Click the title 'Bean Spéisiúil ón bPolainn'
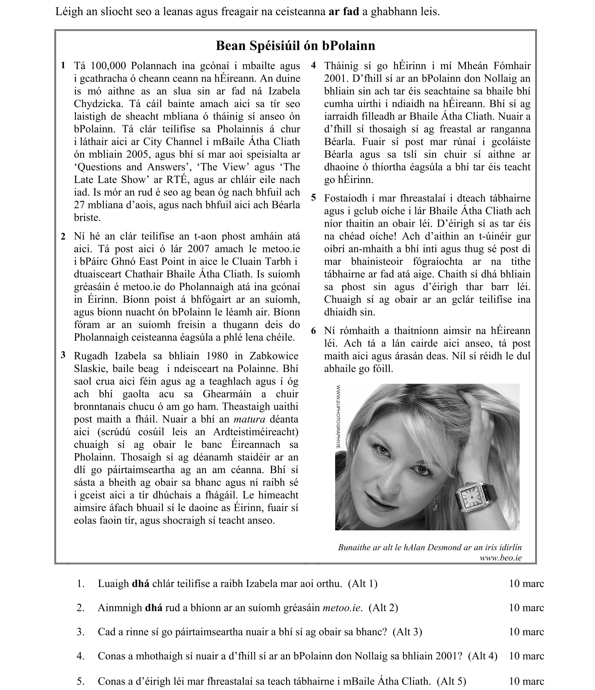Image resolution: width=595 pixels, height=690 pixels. coord(295,45)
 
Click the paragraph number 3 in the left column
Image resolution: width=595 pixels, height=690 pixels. coord(63,355)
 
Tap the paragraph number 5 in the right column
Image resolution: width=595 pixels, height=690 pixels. coord(313,198)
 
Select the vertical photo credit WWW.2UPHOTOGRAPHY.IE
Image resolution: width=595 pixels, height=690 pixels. coord(338,416)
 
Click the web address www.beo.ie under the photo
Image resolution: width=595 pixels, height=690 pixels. coord(500,558)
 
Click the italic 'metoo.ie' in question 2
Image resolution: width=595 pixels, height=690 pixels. coord(342,608)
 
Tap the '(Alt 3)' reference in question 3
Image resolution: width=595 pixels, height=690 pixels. coord(407,632)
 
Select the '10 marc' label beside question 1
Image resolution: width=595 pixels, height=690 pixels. coord(526,583)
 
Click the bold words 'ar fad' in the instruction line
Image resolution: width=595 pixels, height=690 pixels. coord(344,12)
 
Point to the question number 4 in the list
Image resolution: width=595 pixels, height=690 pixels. coord(80,656)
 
